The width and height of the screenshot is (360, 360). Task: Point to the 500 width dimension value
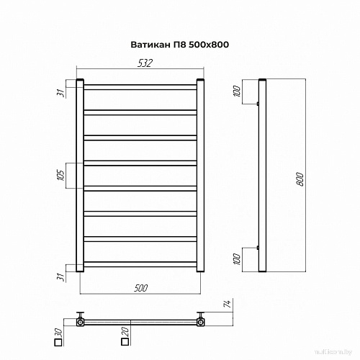[x=140, y=288]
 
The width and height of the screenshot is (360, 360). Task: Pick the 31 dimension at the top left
[x=62, y=91]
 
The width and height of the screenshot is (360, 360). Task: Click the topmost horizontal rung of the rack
[x=140, y=87]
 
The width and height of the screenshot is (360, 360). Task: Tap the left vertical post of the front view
[x=81, y=174]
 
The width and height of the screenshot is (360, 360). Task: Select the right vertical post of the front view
[x=200, y=174]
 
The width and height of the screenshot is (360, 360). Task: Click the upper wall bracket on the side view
[x=257, y=104]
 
